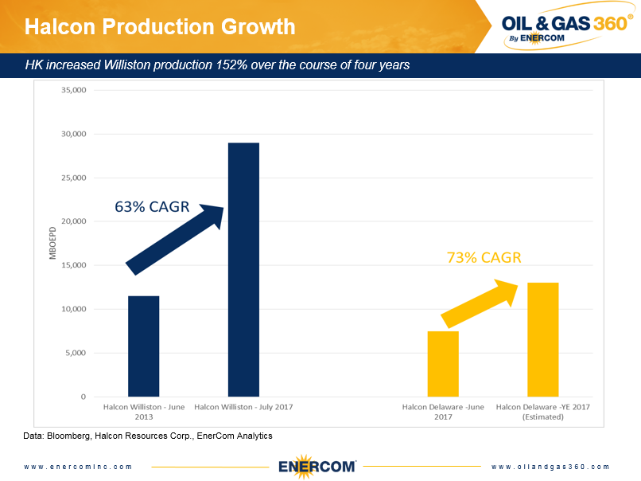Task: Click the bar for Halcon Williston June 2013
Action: (x=143, y=346)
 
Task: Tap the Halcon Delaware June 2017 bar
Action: (x=443, y=363)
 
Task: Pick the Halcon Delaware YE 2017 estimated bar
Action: (x=542, y=339)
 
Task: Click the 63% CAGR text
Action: (x=152, y=207)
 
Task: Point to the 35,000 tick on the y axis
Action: (x=73, y=90)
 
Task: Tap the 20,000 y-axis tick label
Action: (x=73, y=221)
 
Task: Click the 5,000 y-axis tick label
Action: (x=76, y=353)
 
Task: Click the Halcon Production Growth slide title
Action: (x=160, y=27)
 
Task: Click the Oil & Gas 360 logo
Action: (x=567, y=26)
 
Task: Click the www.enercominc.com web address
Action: (x=78, y=467)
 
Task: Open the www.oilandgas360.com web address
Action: (x=550, y=467)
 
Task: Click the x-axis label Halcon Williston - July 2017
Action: (x=243, y=407)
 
